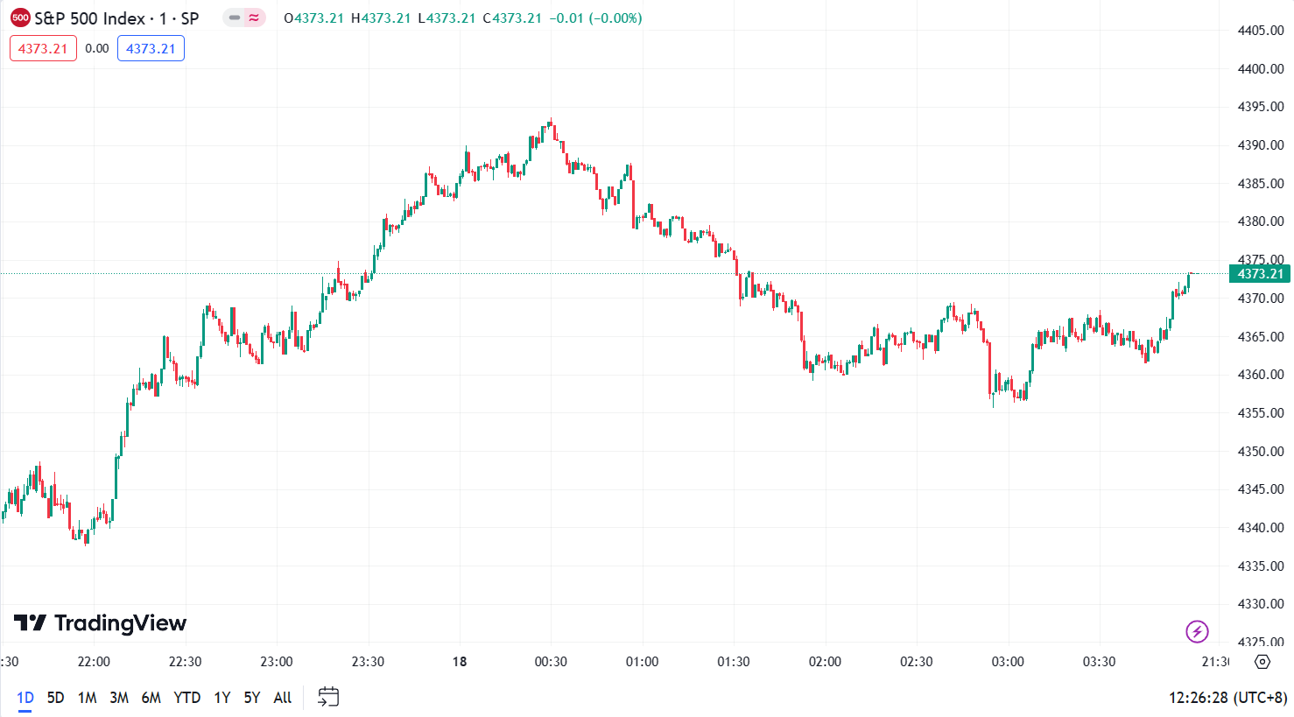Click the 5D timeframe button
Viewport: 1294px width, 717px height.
(x=55, y=698)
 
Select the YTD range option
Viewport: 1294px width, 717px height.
(x=186, y=698)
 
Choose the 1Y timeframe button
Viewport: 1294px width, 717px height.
(x=222, y=698)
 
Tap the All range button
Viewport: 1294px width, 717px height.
(x=282, y=698)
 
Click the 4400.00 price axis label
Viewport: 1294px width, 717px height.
(x=1260, y=69)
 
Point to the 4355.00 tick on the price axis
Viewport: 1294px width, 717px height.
(x=1260, y=413)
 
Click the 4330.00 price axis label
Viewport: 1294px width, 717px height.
(x=1260, y=604)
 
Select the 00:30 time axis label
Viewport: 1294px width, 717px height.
(x=551, y=662)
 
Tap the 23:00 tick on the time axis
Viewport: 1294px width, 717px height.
(x=277, y=662)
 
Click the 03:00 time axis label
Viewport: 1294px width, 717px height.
(x=1008, y=662)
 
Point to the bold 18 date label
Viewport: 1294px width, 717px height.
(x=460, y=662)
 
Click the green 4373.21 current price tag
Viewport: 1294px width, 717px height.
(x=1259, y=274)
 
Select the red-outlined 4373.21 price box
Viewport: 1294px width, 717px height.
(x=43, y=49)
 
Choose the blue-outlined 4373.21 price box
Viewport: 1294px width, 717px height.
(x=151, y=49)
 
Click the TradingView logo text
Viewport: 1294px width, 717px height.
(x=101, y=623)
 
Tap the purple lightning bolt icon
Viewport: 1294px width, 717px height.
(x=1197, y=631)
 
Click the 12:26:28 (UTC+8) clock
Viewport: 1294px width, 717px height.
(x=1227, y=698)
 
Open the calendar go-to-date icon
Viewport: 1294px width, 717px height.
(x=328, y=697)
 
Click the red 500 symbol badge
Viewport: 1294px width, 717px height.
(x=20, y=18)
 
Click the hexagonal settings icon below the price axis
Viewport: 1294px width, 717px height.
(x=1262, y=662)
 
